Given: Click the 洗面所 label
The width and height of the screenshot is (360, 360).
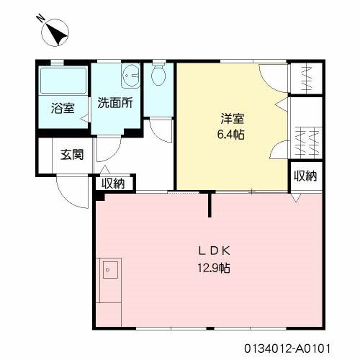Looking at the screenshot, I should (115, 102).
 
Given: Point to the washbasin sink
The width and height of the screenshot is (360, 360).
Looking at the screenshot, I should (131, 75).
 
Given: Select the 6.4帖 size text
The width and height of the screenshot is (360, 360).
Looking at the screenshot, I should (232, 135).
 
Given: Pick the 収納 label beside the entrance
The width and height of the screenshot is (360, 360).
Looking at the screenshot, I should (112, 184).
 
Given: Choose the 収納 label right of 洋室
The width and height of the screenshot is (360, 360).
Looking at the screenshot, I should (306, 176).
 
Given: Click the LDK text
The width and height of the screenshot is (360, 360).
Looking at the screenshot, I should (214, 251).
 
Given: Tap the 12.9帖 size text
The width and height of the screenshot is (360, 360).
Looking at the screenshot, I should (214, 267).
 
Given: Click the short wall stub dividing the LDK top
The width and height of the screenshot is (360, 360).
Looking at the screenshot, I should (210, 204).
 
